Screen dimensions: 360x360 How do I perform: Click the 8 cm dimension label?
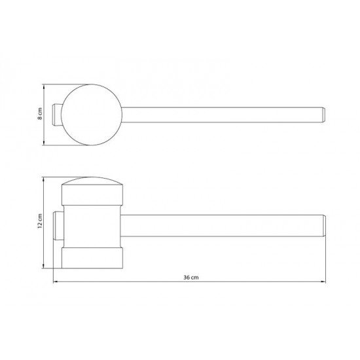[40, 114]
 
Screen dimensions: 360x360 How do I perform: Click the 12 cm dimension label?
[40, 221]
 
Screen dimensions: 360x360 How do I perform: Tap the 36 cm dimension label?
[191, 278]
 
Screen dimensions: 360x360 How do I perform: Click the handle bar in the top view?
[223, 115]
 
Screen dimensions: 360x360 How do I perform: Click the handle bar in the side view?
[223, 226]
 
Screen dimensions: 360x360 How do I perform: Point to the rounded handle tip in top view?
[323, 115]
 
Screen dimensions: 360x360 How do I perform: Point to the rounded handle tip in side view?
[324, 226]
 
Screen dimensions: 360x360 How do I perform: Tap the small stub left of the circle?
[57, 115]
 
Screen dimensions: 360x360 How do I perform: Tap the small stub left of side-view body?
[58, 226]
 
